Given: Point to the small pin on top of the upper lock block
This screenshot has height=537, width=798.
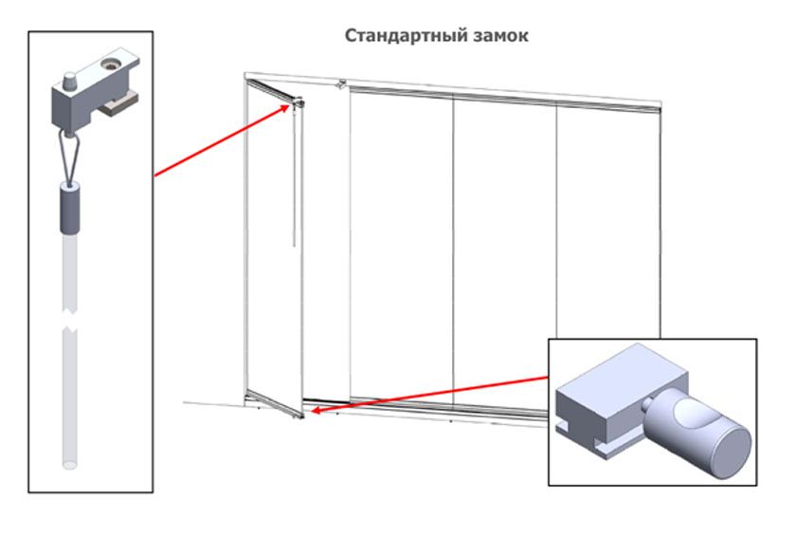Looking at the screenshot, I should click(x=72, y=75).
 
